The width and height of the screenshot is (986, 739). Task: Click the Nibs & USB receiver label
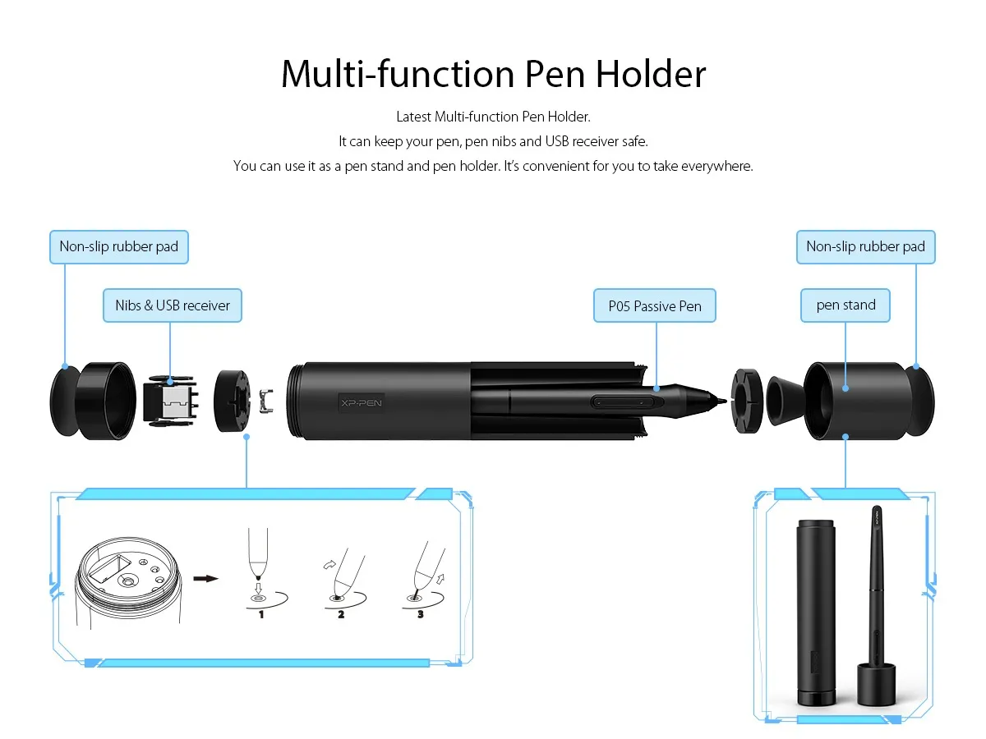(173, 305)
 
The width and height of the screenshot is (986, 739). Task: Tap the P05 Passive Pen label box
(655, 305)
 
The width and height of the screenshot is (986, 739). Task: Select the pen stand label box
(845, 305)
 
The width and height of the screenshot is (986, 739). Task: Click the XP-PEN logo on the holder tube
(362, 402)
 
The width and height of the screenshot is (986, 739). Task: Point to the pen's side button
(626, 402)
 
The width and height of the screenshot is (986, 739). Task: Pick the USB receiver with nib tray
(171, 401)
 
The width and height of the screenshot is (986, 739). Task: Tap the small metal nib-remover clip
(266, 401)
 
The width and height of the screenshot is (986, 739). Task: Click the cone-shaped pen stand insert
(784, 401)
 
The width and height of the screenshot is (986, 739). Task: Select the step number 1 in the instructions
(261, 614)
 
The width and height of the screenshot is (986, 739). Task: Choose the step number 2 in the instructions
(341, 614)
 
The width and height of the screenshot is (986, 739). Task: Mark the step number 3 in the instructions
(421, 614)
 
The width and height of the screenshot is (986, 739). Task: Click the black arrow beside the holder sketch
(205, 578)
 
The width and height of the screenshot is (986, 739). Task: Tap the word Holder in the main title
(651, 74)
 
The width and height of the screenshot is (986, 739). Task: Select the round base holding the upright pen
(876, 684)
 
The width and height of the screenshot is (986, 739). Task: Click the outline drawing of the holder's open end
(129, 582)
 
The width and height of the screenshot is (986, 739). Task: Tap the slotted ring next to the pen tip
(747, 401)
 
